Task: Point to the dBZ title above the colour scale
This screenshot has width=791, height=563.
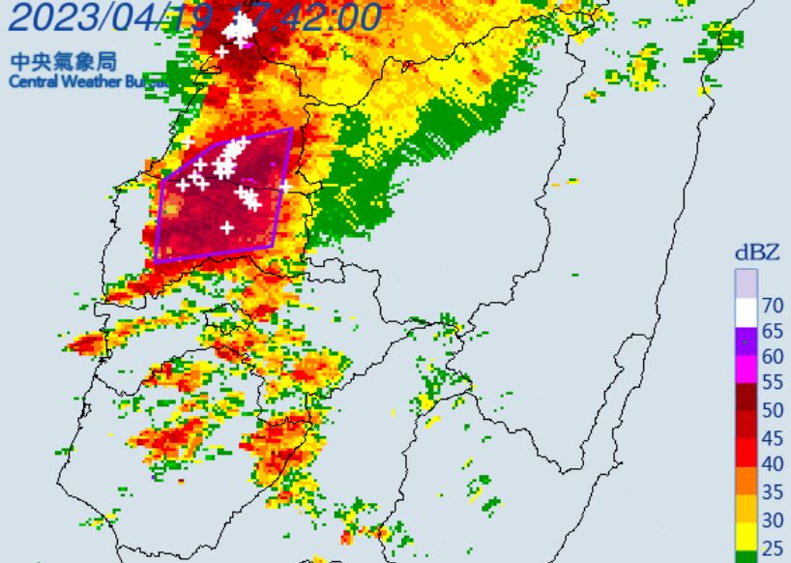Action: (x=758, y=252)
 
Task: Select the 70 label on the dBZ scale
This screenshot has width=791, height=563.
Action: (x=772, y=306)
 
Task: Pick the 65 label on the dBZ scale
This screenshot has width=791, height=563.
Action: (x=772, y=331)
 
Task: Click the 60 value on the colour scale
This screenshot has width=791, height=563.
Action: (x=772, y=356)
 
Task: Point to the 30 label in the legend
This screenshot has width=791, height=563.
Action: (x=772, y=519)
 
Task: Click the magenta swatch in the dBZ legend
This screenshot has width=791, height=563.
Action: (x=745, y=369)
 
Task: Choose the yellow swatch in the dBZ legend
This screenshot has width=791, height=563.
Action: (x=745, y=532)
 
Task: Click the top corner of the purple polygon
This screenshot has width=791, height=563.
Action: (x=291, y=128)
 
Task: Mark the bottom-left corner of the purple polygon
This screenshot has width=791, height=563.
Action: (x=156, y=261)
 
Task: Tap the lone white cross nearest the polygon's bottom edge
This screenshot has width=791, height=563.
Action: (x=226, y=227)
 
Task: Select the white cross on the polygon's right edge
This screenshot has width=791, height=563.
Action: (x=285, y=186)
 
